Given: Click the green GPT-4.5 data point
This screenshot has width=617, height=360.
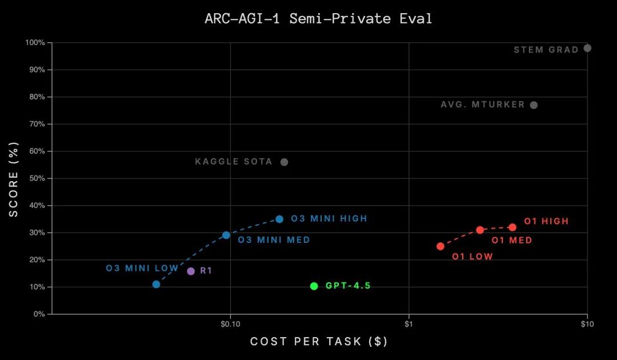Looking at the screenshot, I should coord(314,286).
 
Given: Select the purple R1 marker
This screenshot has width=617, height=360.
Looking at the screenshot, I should coord(191,271).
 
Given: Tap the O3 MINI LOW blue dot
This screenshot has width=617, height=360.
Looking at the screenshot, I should coord(156,284).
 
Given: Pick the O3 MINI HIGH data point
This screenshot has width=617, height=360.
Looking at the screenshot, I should coord(279,219).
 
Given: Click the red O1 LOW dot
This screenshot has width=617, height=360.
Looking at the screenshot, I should coord(440,246).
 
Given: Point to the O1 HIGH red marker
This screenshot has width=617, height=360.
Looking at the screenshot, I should coord(512,227).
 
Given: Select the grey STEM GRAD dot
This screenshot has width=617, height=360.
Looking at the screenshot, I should coord(587,48).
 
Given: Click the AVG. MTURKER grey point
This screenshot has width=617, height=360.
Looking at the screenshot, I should coord(534,105).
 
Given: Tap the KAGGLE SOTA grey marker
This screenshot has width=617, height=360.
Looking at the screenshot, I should coord(284,162).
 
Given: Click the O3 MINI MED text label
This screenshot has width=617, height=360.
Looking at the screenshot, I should coord(274,240).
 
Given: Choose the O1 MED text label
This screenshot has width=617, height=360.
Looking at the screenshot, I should coord(512,241).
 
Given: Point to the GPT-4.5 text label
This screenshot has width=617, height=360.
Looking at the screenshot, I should coord(348,286).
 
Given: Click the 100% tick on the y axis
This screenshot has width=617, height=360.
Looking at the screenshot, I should coord(35,43).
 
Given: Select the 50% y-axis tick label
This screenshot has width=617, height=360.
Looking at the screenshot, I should coord(37,178).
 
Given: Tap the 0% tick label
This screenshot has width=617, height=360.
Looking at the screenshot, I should coord(39,314).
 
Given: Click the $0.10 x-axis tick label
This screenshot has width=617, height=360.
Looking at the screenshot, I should coord(230,325).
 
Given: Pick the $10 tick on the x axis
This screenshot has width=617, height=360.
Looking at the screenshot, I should coord(587,325).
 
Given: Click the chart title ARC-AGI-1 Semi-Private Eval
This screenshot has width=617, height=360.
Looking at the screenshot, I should coord(318,18).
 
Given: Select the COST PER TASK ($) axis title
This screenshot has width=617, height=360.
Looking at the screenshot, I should coord(319,342).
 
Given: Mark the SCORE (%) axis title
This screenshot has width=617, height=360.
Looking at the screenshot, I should coord(14,178).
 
